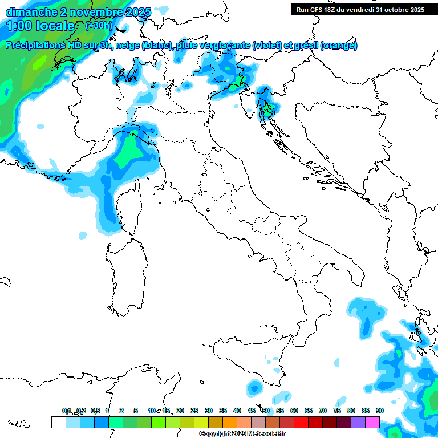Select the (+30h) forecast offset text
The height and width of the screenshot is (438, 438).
point(99,25)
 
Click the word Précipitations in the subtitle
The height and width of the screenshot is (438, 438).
point(39,46)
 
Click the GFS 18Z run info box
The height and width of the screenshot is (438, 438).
point(360,9)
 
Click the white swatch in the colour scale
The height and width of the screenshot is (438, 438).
point(58,422)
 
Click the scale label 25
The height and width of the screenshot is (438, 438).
point(194,411)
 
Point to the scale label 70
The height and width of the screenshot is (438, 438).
point(323,411)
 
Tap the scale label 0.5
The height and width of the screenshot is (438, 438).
point(95,411)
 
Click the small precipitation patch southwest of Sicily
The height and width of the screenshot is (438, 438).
point(254,388)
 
